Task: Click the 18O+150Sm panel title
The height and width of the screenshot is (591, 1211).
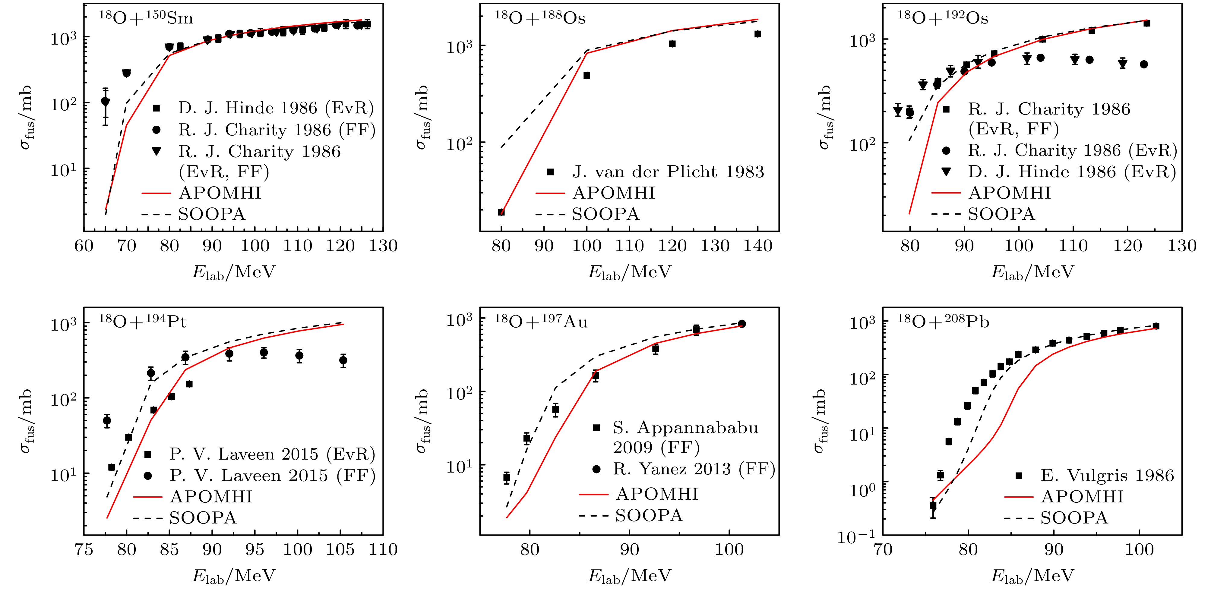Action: (146, 18)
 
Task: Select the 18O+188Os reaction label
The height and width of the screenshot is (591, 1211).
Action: (540, 18)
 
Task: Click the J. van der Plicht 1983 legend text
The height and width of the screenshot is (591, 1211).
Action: (668, 172)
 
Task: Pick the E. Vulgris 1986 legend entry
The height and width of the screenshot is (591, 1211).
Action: (1107, 476)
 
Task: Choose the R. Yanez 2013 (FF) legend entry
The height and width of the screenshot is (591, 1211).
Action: (694, 468)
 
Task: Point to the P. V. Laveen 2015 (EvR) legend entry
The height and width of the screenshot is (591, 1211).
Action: (273, 454)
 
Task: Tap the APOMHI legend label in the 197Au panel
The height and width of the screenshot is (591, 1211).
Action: (657, 494)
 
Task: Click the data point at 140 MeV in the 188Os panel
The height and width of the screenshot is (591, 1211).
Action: (758, 34)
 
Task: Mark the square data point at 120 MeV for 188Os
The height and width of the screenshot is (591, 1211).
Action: (672, 44)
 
